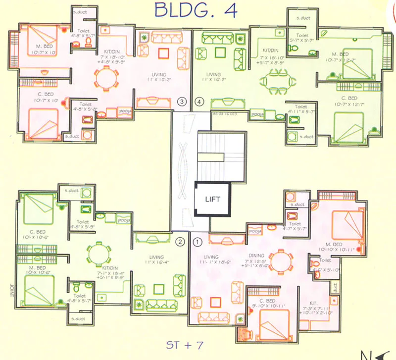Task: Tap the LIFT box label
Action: (x=212, y=200)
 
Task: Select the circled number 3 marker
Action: (x=182, y=102)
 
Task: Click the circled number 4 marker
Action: (x=199, y=102)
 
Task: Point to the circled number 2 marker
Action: (x=181, y=242)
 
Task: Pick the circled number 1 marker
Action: (x=198, y=242)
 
